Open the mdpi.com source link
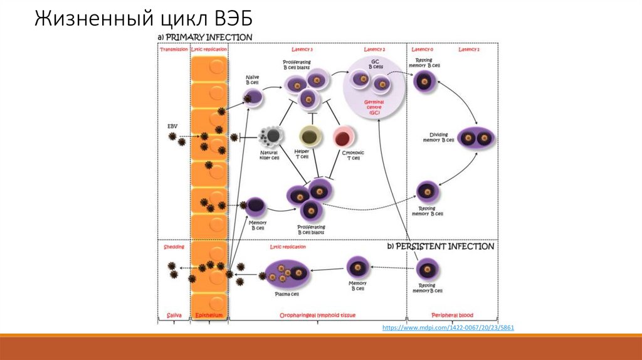448,328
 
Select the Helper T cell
309,135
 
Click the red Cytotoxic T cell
345,135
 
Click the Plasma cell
287,273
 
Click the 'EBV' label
173,126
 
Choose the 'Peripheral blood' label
453,315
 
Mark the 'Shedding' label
174,247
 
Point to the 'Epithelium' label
209,315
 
